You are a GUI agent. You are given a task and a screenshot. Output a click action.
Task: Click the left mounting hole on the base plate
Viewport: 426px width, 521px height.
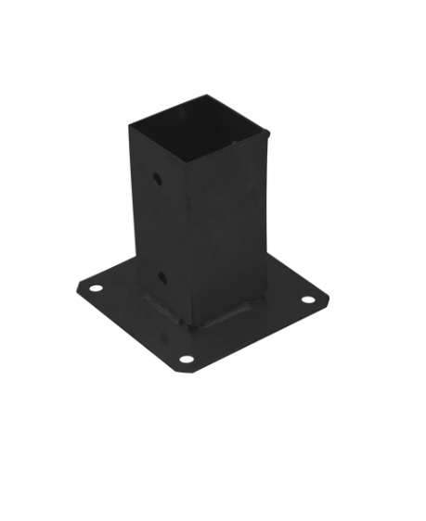coord(95,288)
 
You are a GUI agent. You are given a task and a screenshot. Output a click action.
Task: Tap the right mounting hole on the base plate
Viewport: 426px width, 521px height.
coord(309,299)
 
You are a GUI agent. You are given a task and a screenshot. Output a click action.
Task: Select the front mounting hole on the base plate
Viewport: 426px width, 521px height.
coord(187,358)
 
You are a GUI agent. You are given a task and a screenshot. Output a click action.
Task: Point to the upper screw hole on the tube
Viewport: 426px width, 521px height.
coord(158,175)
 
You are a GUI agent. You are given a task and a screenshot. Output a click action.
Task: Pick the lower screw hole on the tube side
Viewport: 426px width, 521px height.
coord(161,276)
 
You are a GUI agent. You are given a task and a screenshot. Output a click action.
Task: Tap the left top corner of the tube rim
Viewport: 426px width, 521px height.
coord(129,122)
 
